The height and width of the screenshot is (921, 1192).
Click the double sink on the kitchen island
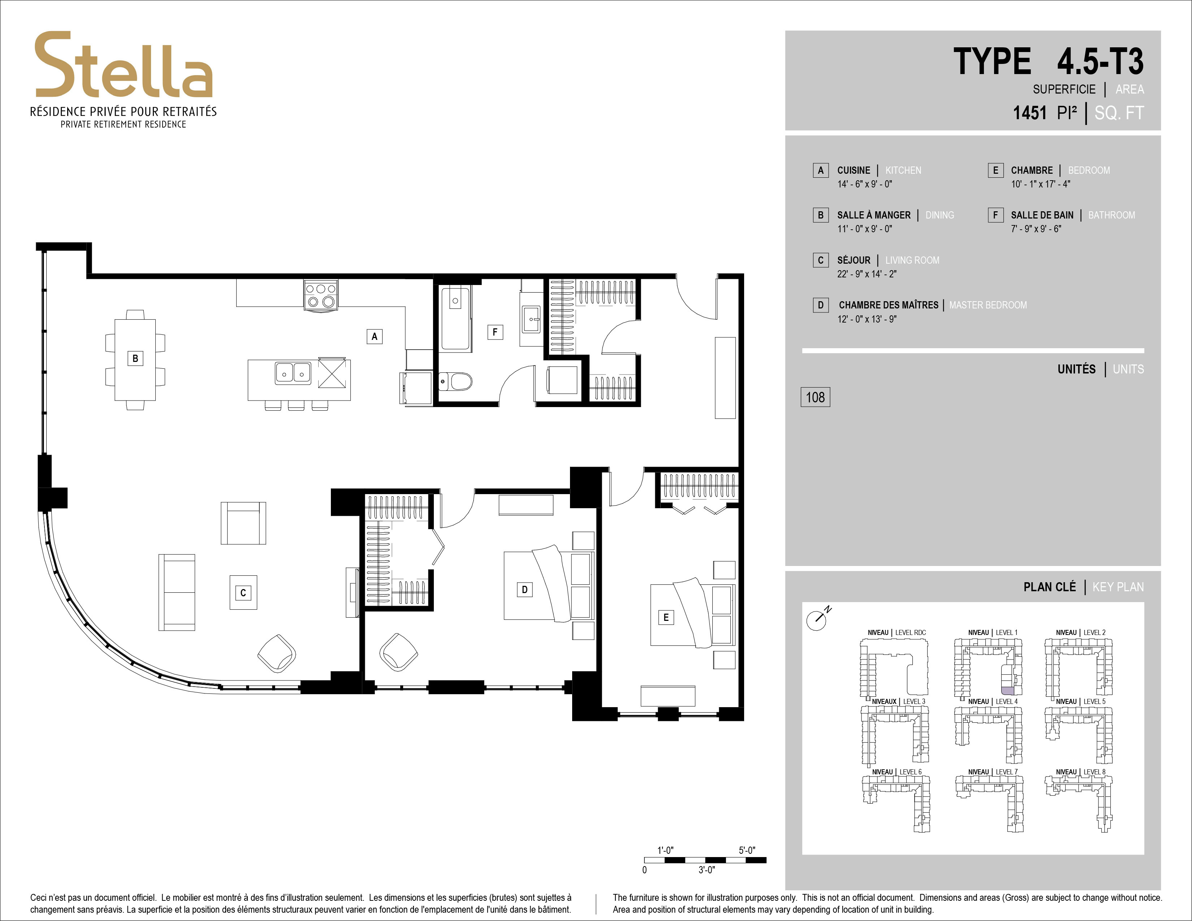(x=293, y=373)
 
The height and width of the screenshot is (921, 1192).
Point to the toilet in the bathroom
(x=455, y=381)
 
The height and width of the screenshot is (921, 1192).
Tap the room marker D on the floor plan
(x=524, y=589)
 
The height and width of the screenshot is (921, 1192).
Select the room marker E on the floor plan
(x=666, y=617)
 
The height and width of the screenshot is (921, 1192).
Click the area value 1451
(x=1030, y=113)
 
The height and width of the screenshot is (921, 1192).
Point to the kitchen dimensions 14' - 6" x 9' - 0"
(x=864, y=185)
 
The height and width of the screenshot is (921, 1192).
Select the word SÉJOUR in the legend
(x=854, y=260)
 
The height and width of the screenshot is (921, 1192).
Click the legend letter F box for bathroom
(x=995, y=215)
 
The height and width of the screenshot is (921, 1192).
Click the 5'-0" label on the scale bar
(x=747, y=850)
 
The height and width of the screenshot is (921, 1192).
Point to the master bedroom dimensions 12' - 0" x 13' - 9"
(x=867, y=319)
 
